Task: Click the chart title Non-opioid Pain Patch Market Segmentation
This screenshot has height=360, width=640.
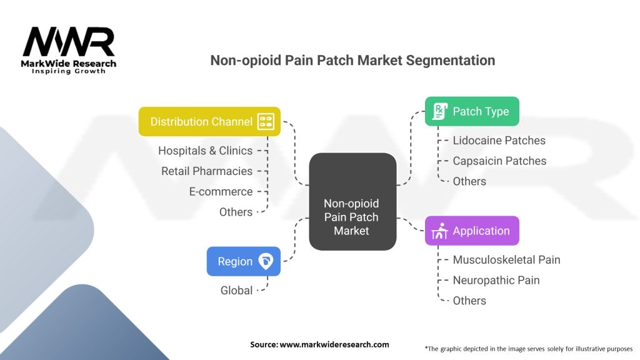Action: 352,60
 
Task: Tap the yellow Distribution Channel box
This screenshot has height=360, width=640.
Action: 209,121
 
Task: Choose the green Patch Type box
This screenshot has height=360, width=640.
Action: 472,111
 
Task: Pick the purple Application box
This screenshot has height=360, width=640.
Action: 472,231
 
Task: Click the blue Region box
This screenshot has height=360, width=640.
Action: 244,261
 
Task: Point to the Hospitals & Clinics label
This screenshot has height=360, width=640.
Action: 205,151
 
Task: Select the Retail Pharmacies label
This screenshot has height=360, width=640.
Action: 207,171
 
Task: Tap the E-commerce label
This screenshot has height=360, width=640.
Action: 221,191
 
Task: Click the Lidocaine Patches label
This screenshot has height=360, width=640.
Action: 499,141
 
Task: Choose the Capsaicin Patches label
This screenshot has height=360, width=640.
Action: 499,161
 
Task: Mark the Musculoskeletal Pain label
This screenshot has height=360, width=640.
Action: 506,259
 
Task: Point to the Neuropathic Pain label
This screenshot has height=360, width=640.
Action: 496,280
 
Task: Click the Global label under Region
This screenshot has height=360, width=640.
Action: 236,290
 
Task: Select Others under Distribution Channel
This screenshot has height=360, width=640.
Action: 236,212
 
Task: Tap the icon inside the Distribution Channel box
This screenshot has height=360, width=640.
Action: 266,121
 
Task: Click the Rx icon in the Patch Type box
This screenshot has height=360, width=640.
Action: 439,111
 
